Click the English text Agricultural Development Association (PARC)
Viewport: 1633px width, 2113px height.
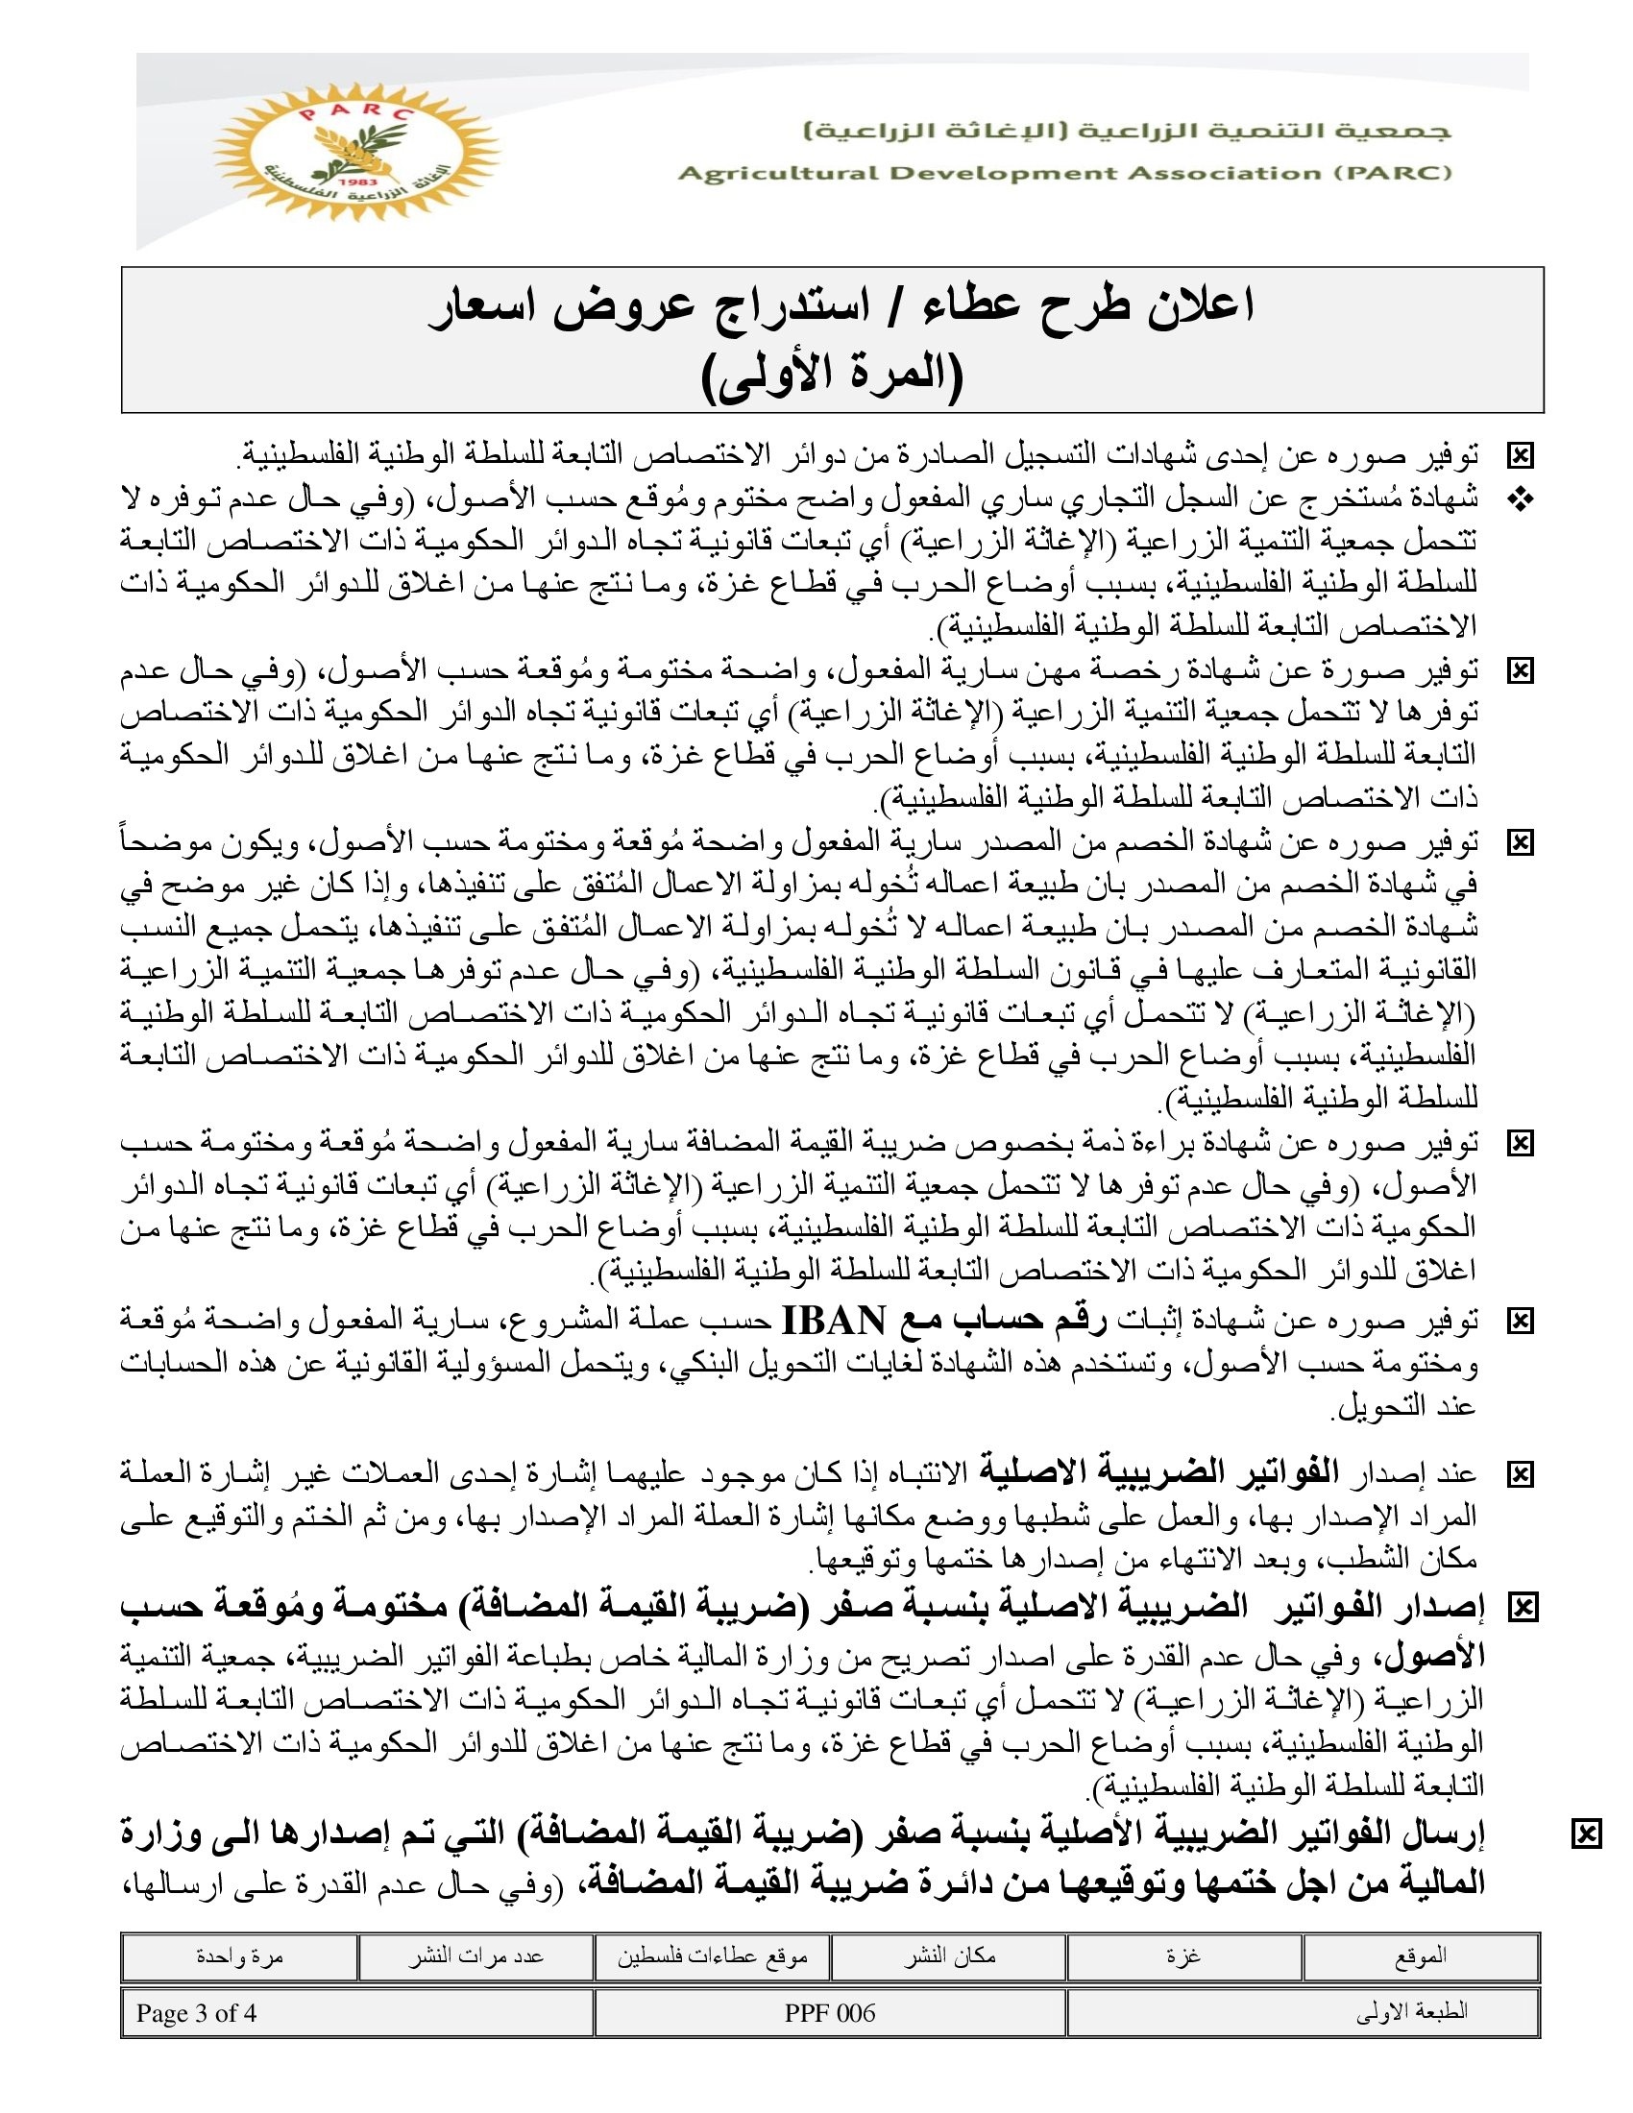click(1064, 173)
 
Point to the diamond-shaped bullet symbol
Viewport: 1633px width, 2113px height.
click(1520, 500)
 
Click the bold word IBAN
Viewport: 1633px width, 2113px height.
click(833, 1320)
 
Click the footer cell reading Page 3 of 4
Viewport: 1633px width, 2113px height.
click(196, 2013)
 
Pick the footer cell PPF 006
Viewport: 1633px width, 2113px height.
click(829, 2013)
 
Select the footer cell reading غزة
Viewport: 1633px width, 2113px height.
click(1183, 1956)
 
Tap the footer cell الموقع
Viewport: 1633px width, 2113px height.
click(1420, 1956)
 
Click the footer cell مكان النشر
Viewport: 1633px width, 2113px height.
click(949, 1956)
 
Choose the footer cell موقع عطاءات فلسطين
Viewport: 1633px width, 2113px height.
click(712, 1956)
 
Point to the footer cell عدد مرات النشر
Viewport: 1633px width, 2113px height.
click(475, 1956)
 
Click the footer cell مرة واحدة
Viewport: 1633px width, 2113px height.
click(239, 1956)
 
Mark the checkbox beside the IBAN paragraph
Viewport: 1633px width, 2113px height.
click(1521, 1321)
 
